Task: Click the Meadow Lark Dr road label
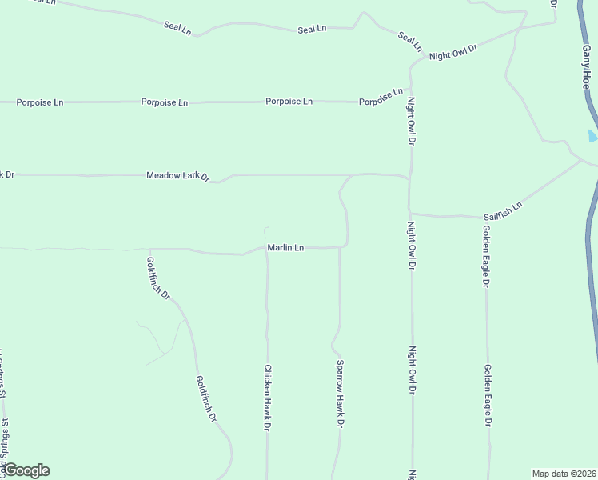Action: pos(177,175)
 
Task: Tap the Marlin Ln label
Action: pos(285,248)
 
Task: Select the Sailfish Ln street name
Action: pos(502,211)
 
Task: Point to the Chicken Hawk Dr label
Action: pos(267,398)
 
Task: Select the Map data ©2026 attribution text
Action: pos(564,473)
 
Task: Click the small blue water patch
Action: pos(592,136)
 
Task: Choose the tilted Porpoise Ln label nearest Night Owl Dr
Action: pos(381,98)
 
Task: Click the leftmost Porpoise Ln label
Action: pos(40,102)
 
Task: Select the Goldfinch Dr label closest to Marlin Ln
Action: pos(158,278)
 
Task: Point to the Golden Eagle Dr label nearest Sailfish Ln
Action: pos(485,256)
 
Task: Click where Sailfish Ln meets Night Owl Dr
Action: pos(411,214)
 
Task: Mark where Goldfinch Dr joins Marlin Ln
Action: pos(149,249)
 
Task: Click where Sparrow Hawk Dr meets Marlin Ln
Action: pos(340,248)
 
